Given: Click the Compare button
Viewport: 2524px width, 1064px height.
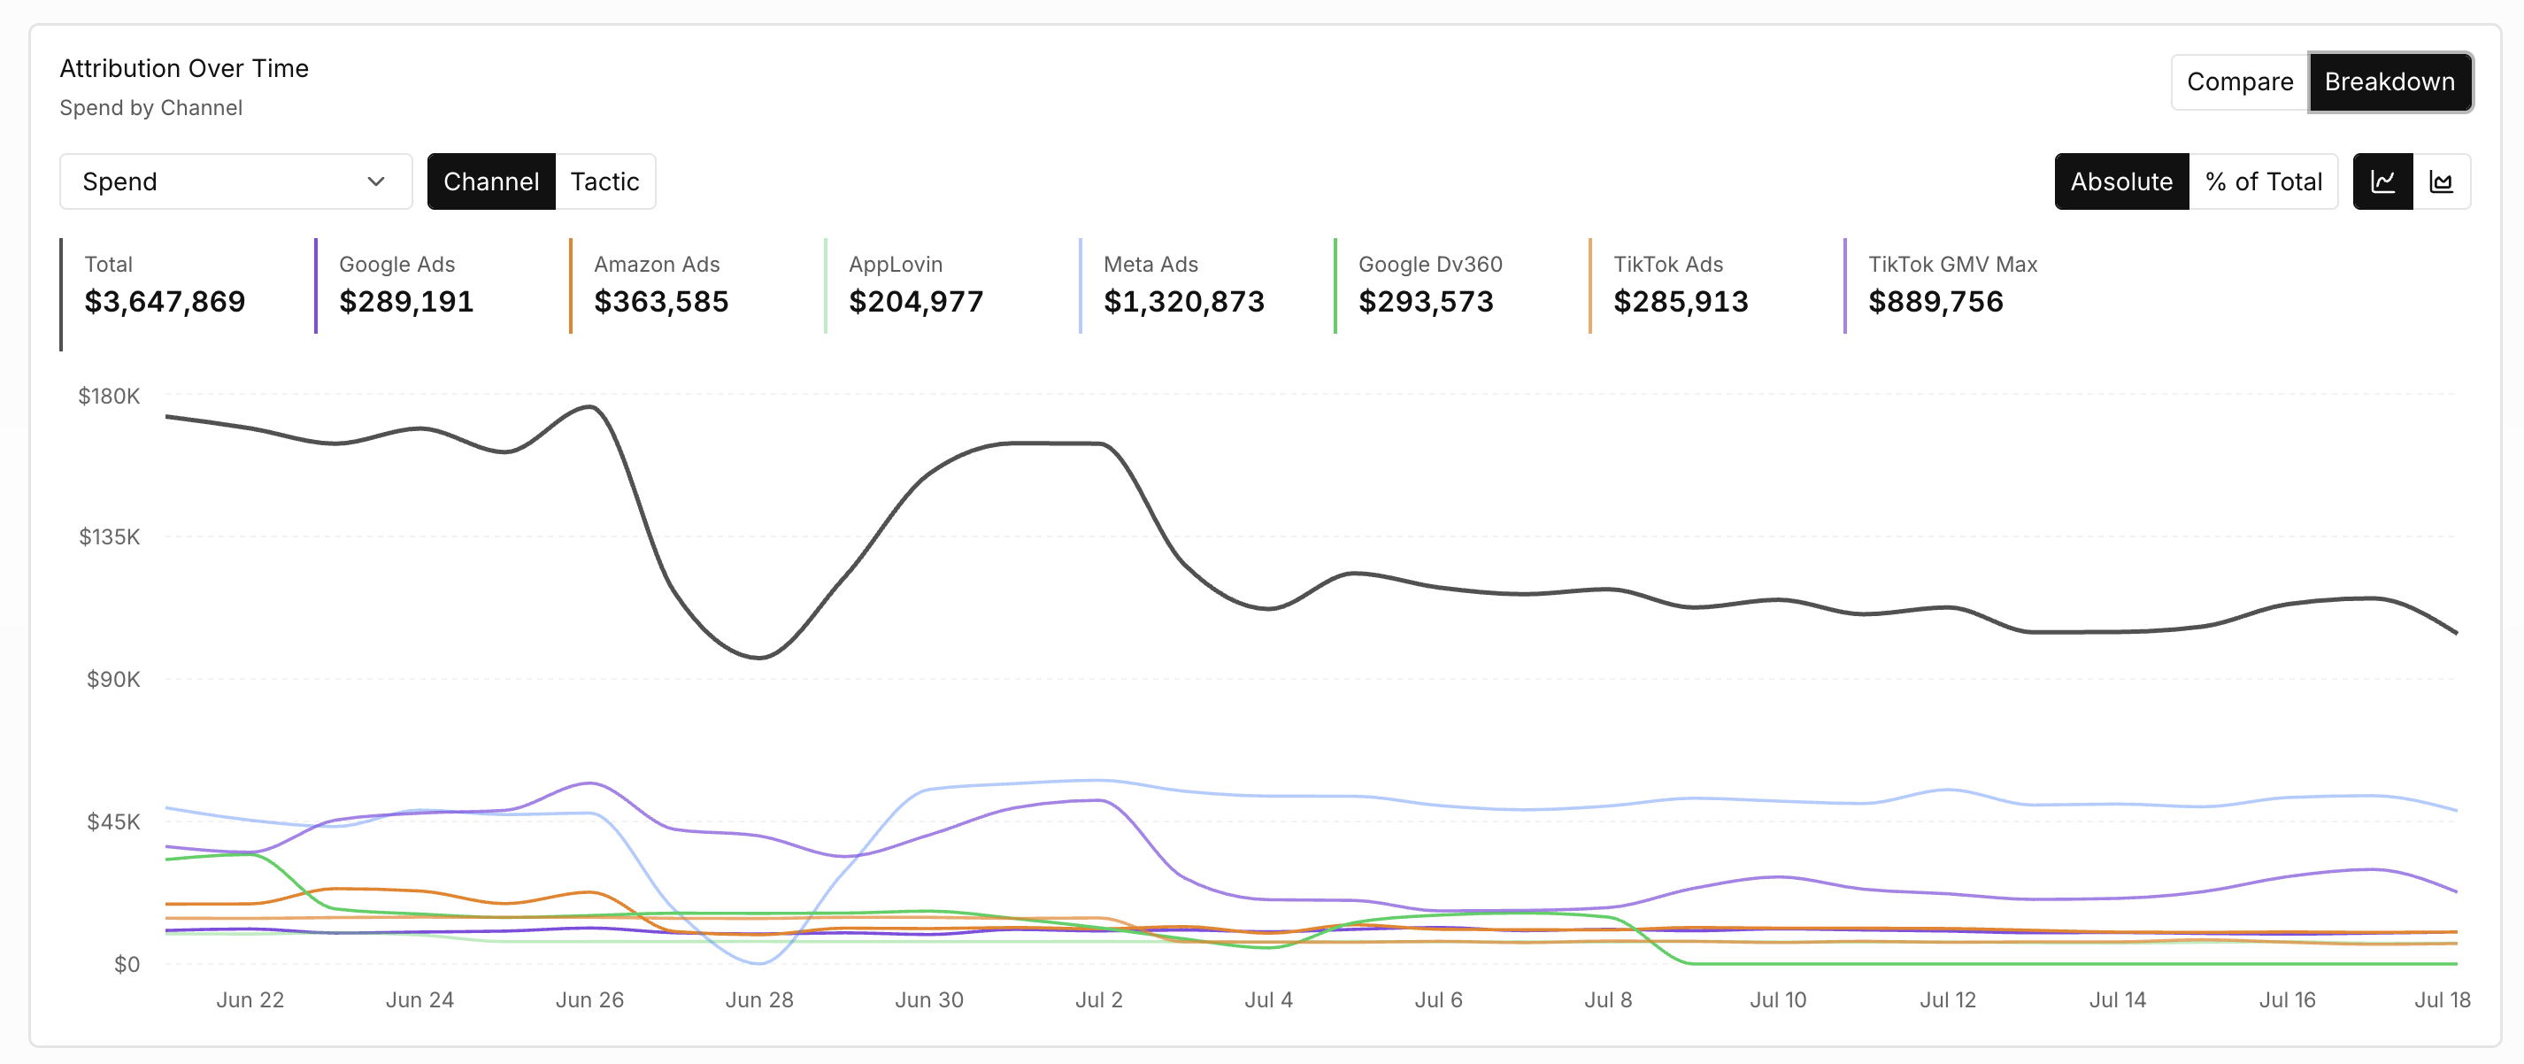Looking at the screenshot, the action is [x=2240, y=82].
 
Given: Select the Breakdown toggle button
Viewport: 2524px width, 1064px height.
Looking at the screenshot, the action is [x=2389, y=82].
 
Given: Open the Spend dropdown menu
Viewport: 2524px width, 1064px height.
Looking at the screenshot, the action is [x=235, y=181].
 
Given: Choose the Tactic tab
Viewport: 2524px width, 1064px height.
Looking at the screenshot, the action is [x=604, y=181].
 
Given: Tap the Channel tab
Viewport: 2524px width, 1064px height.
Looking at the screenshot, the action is [x=491, y=181].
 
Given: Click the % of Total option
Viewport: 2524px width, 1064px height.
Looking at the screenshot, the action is [x=2264, y=181].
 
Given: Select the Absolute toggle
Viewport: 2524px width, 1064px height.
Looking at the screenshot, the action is [x=2121, y=181].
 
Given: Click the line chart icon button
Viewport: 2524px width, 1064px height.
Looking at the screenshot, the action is [x=2383, y=181].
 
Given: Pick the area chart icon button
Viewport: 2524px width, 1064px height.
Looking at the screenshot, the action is [x=2441, y=181].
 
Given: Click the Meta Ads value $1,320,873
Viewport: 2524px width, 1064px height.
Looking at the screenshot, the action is [x=1183, y=302].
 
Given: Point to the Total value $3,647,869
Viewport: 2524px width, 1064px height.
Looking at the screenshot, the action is [x=165, y=302].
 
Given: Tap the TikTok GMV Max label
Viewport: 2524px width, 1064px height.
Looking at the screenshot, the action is [x=1953, y=265].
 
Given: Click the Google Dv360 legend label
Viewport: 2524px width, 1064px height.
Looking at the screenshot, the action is [x=1430, y=265].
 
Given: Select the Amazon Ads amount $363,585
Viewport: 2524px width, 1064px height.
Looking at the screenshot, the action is [x=661, y=302].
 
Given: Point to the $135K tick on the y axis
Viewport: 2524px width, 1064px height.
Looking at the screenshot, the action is [x=110, y=537].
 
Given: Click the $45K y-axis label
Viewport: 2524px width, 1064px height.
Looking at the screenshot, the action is [x=113, y=821].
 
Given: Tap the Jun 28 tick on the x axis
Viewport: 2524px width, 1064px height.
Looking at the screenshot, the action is [x=759, y=1000].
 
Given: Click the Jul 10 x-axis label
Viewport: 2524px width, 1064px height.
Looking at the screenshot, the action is [x=1778, y=1000].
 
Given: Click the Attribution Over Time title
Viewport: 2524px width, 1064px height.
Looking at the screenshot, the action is [x=184, y=68].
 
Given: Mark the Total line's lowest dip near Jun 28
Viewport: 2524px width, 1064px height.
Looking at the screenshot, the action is [x=759, y=658].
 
